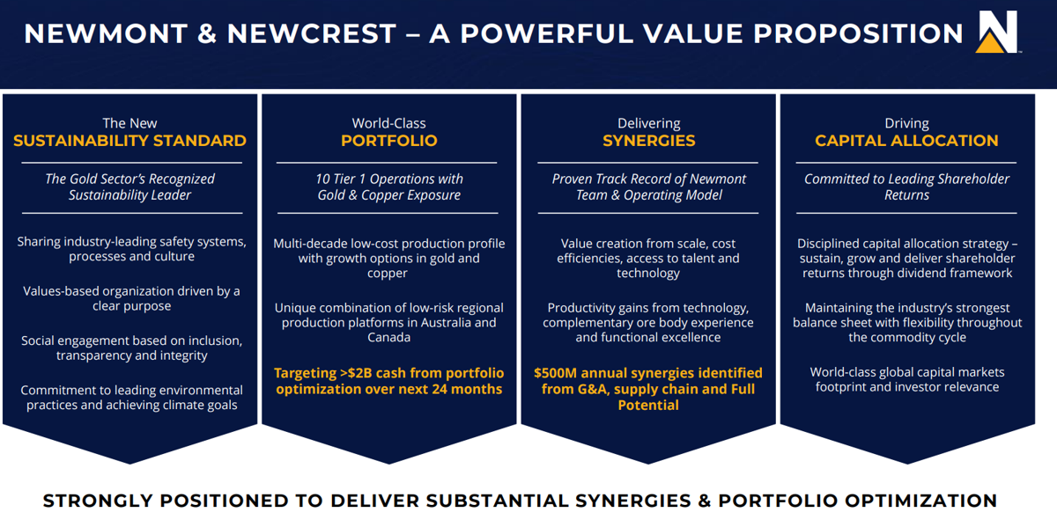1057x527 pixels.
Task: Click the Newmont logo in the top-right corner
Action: click(997, 33)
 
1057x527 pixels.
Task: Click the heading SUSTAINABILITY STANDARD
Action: click(129, 141)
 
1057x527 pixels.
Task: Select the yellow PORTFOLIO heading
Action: click(388, 141)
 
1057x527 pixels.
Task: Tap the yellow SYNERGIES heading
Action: click(648, 141)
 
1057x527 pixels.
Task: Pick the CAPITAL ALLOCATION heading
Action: click(906, 141)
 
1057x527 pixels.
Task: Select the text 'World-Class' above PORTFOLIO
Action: click(388, 123)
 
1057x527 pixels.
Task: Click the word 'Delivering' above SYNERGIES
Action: click(648, 123)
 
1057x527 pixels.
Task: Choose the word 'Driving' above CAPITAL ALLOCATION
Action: click(906, 123)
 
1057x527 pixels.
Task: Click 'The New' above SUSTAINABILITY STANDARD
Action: click(129, 123)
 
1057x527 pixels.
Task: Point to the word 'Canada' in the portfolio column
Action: click(388, 338)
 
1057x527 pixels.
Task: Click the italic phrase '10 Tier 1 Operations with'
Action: click(388, 179)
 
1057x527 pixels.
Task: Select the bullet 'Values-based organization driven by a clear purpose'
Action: click(130, 298)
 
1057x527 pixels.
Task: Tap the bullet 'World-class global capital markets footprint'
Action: click(906, 379)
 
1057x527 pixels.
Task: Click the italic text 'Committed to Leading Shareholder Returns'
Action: click(906, 187)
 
